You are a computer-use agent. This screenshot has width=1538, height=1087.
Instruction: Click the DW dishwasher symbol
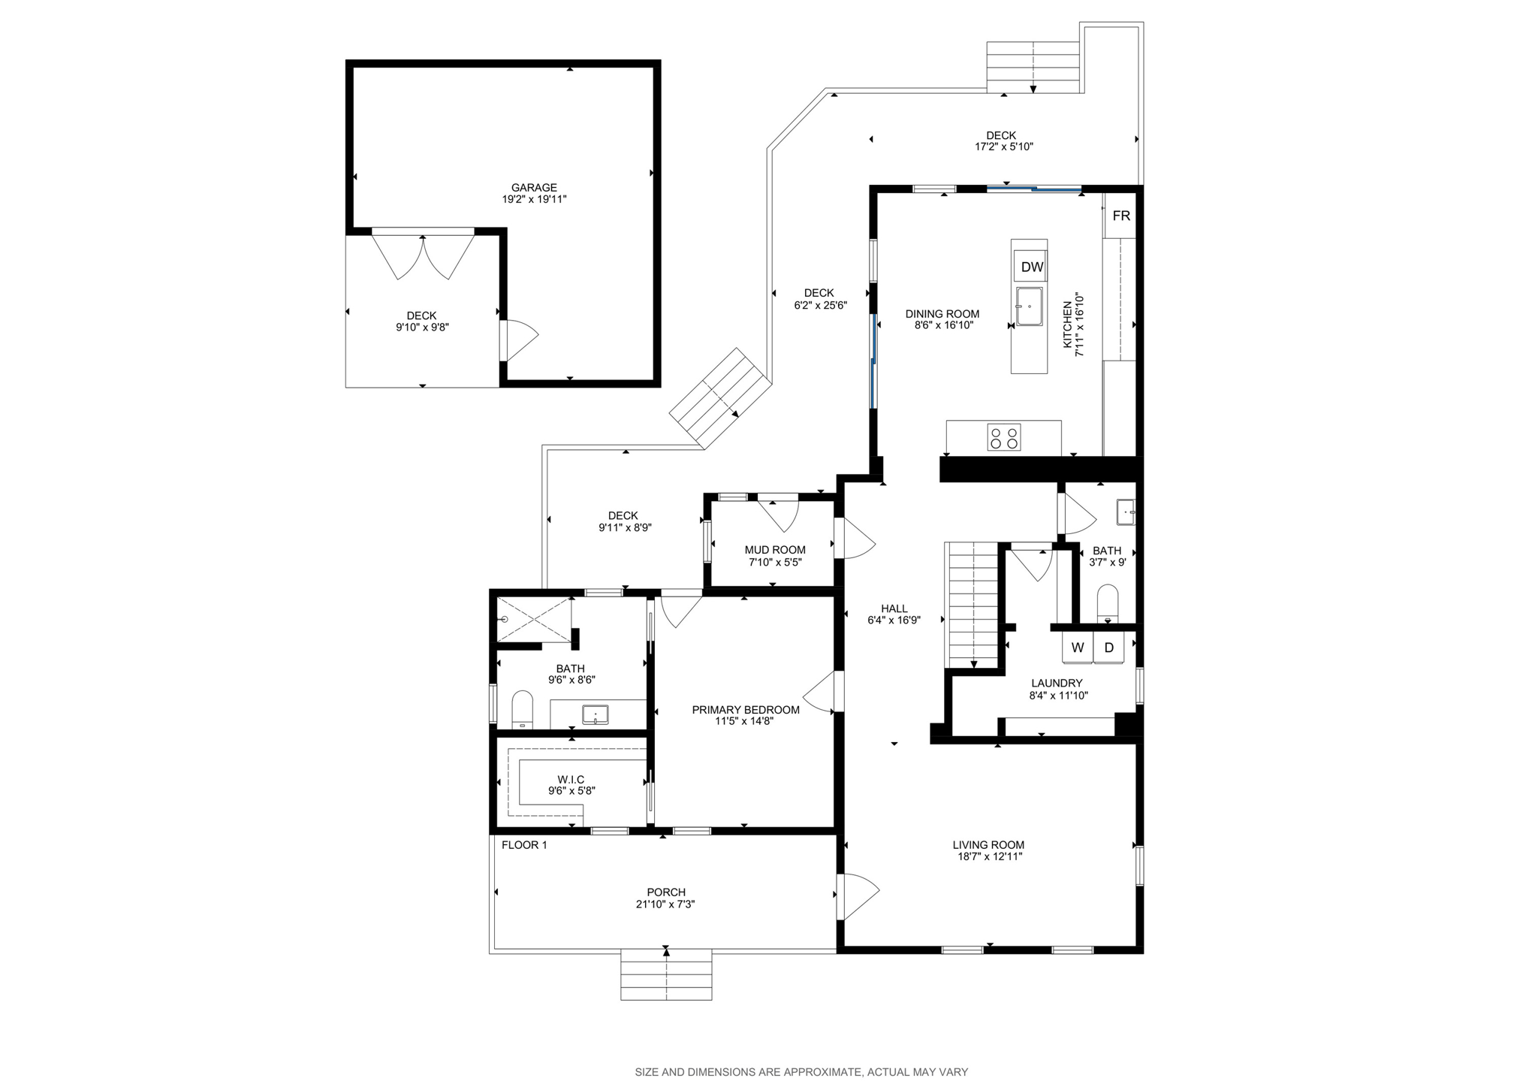[x=1032, y=267]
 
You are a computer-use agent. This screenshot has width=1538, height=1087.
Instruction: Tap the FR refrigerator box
[x=1120, y=216]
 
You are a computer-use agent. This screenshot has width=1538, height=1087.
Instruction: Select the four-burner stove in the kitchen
[x=1004, y=438]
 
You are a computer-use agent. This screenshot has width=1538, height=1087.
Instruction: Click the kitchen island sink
[x=1029, y=306]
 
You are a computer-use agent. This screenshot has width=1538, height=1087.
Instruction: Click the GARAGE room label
[x=534, y=188]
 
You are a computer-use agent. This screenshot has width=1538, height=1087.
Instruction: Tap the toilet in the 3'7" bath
[x=1107, y=603]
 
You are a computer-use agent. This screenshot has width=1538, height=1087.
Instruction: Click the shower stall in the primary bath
[x=535, y=619]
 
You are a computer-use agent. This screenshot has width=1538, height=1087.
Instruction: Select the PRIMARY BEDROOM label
[x=745, y=710]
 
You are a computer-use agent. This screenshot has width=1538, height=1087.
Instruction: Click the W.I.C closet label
[x=571, y=780]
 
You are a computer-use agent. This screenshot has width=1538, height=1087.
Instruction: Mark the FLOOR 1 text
[x=524, y=845]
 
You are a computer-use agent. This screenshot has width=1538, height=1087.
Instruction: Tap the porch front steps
[x=666, y=975]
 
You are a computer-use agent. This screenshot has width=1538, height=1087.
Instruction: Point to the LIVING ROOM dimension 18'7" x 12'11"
[x=988, y=856]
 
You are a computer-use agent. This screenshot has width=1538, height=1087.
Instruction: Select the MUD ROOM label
[x=775, y=550]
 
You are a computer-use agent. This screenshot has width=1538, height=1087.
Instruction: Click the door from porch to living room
[x=856, y=896]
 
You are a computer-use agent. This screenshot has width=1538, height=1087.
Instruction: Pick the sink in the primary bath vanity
[x=596, y=714]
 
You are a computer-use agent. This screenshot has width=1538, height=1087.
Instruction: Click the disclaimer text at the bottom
[x=801, y=1072]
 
